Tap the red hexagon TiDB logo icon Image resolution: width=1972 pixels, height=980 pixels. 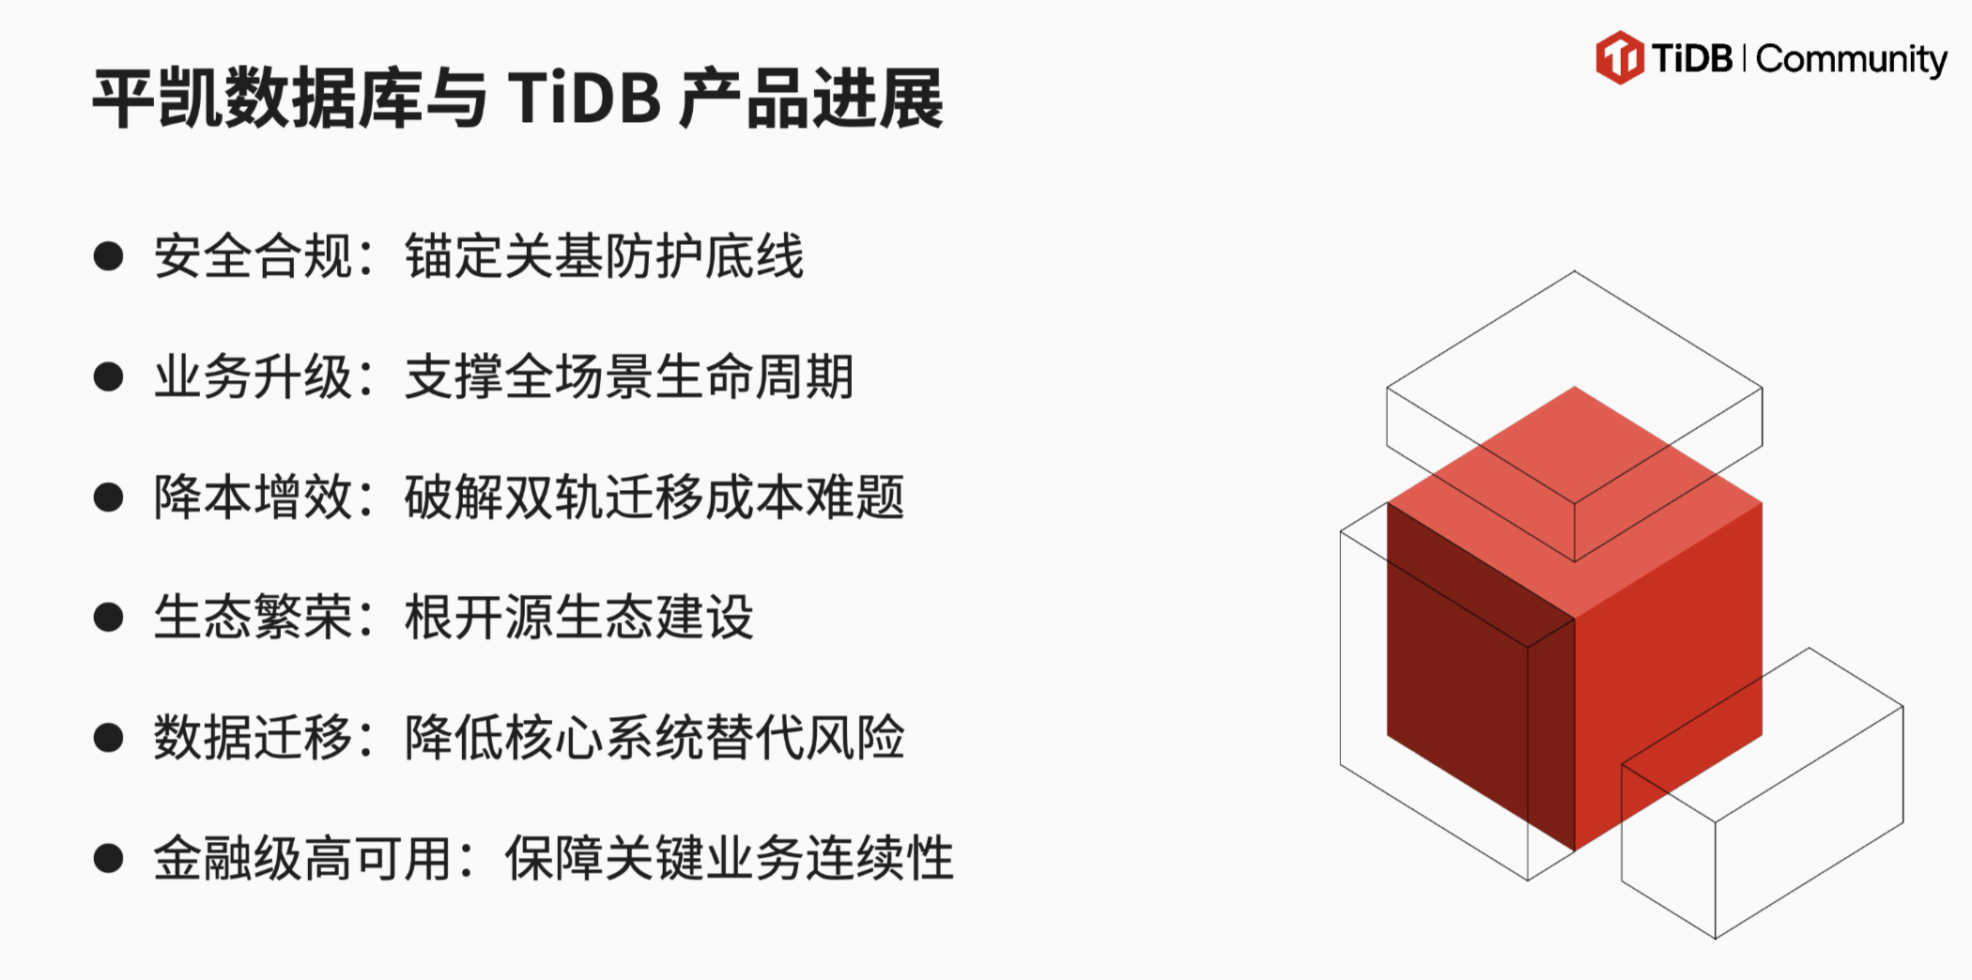click(1620, 57)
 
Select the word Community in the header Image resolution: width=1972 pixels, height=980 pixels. click(1851, 60)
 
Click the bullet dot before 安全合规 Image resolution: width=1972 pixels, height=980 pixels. click(109, 256)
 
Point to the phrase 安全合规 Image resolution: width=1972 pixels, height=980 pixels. click(254, 256)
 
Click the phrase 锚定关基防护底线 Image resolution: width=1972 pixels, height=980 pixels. click(605, 256)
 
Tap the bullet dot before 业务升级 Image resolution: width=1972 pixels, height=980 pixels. click(109, 376)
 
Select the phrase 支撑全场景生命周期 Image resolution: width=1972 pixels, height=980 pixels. click(629, 376)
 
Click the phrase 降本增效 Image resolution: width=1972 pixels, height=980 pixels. click(254, 497)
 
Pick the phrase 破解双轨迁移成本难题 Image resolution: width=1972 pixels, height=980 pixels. click(655, 497)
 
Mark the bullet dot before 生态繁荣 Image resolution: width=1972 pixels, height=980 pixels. click(109, 617)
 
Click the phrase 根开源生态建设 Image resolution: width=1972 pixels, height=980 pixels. click(579, 617)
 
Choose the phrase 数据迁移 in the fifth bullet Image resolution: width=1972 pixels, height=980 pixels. click(254, 737)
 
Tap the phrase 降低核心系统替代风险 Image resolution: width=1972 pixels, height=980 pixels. click(655, 737)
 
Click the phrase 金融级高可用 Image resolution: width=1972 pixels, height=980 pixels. click(303, 858)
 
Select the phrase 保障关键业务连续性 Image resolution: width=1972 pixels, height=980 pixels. click(730, 858)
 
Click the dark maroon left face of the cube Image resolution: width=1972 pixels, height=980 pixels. click(1481, 677)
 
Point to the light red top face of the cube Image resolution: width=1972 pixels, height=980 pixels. click(1575, 502)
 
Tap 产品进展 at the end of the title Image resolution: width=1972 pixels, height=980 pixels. click(811, 98)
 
